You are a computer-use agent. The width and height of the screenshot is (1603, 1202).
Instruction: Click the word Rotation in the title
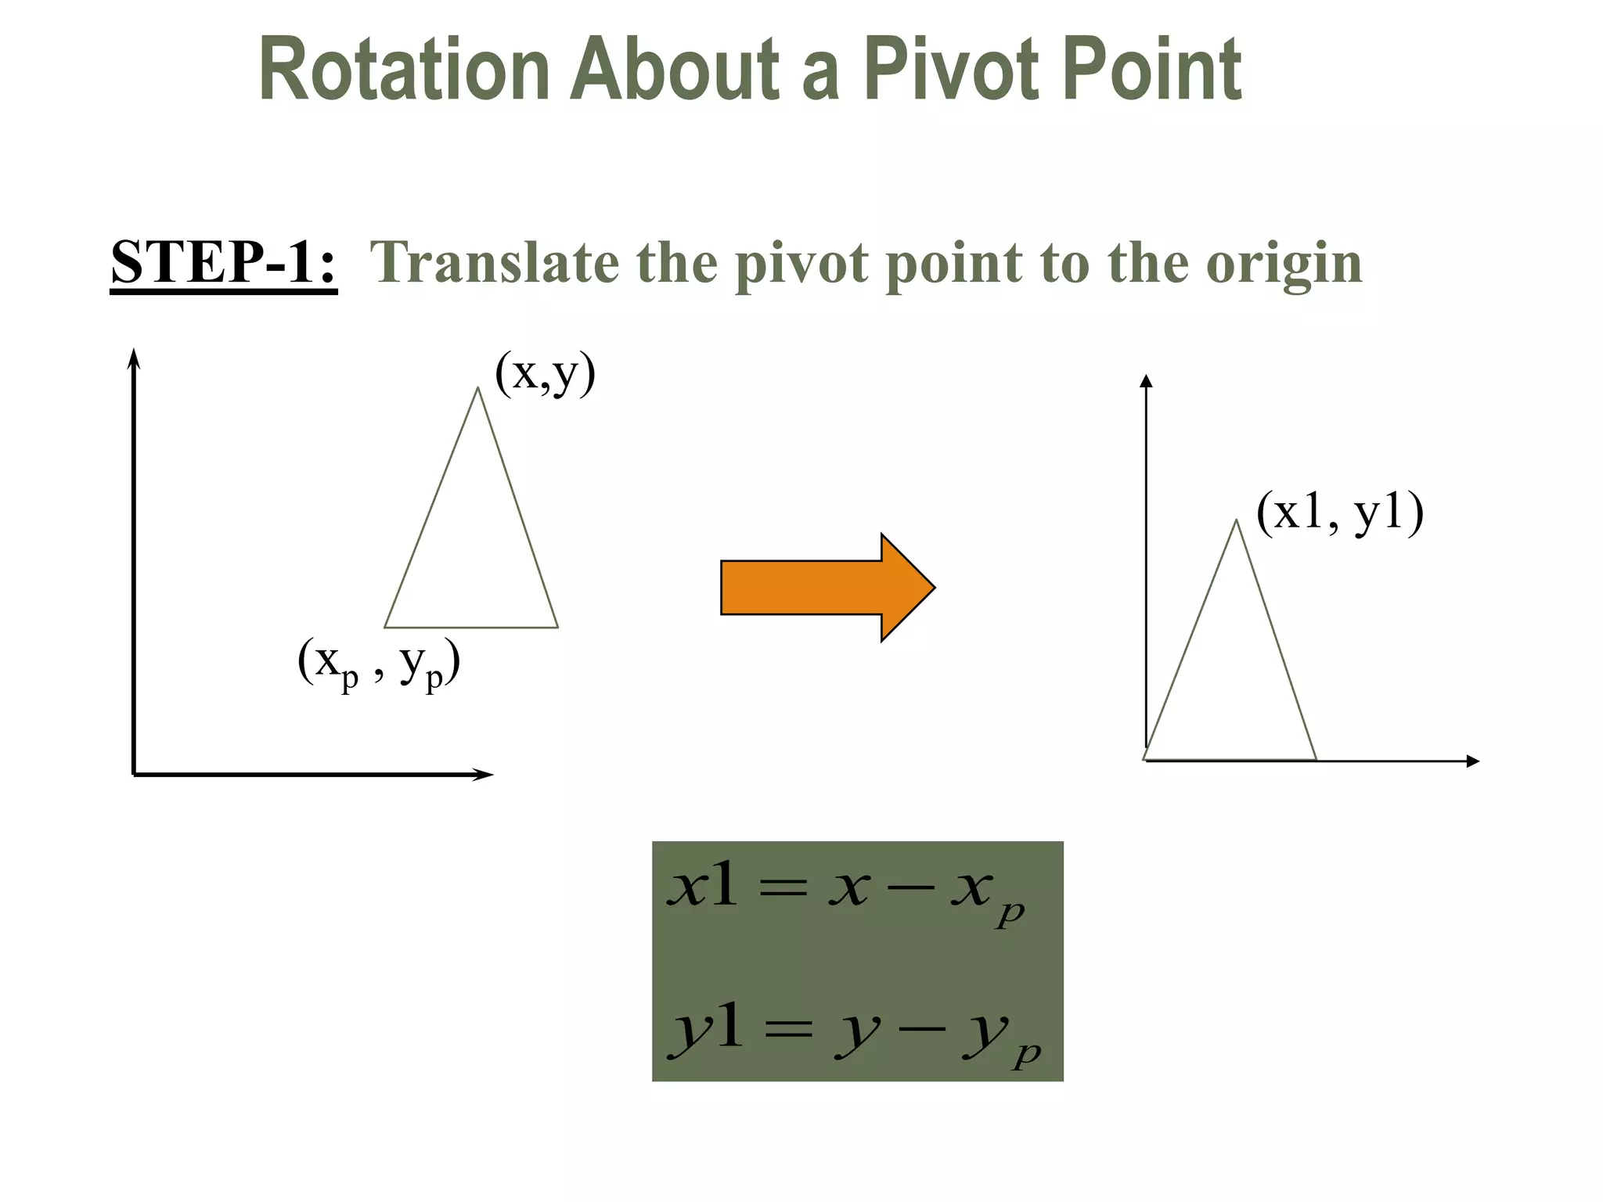(x=404, y=70)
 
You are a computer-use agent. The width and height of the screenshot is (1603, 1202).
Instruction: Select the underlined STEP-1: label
(x=224, y=262)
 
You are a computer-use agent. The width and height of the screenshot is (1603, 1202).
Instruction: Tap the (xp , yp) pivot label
(x=378, y=664)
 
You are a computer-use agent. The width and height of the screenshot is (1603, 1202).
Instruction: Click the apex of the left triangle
(x=477, y=388)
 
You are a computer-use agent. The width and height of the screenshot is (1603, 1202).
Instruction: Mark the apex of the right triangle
(x=1236, y=520)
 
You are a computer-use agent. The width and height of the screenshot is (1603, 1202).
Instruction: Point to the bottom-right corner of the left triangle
(x=557, y=627)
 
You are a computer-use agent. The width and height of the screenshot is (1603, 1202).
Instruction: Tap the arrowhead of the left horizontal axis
(x=485, y=775)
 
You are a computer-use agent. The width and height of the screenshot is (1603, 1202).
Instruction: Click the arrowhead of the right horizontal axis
(x=1473, y=761)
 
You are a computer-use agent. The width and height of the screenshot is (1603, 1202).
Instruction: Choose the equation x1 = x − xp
(x=845, y=892)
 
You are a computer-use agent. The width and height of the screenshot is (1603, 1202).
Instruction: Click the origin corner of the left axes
(x=135, y=774)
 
